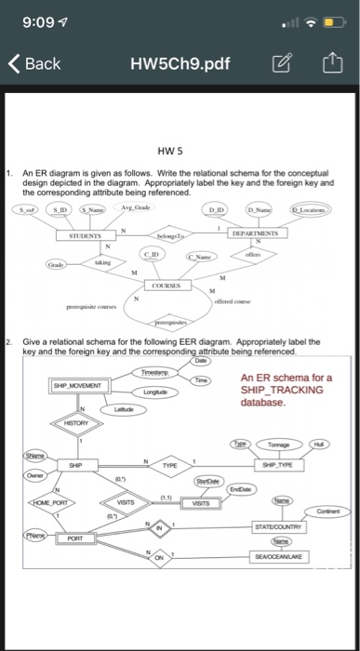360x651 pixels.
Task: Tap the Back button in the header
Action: click(x=34, y=63)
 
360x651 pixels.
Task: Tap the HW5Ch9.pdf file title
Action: click(x=183, y=63)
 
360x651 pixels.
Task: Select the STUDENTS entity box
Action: click(x=86, y=237)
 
